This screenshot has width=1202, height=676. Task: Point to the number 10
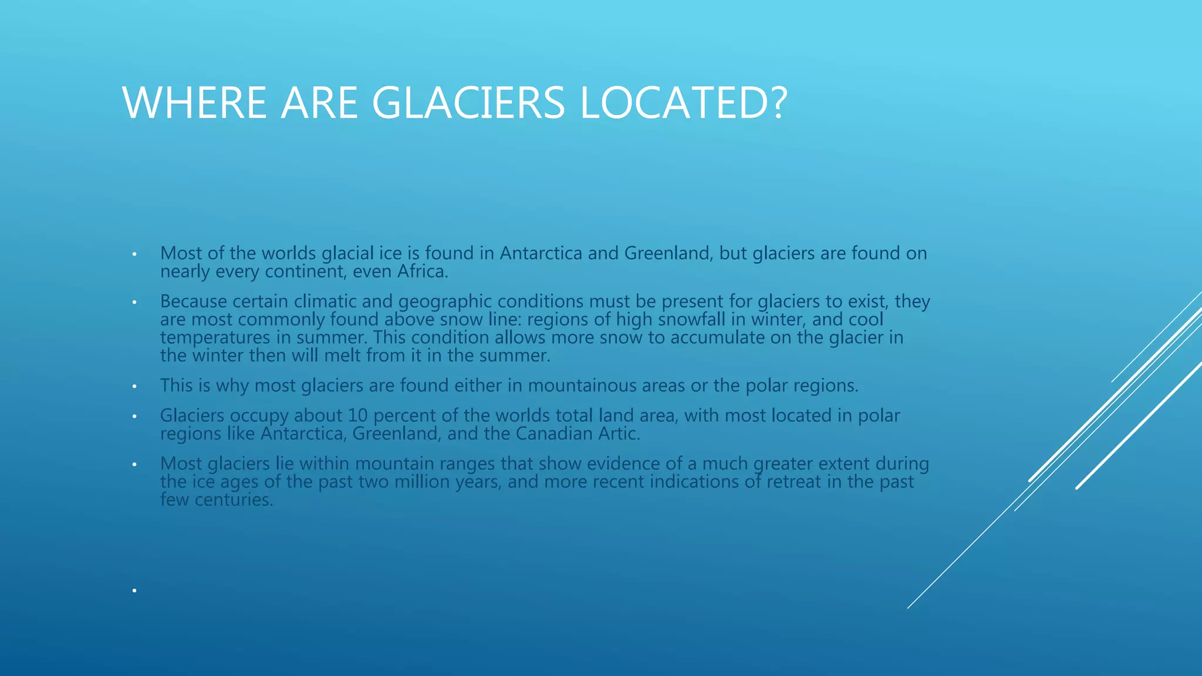pyautogui.click(x=357, y=415)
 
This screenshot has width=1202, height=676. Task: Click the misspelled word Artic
pyautogui.click(x=619, y=434)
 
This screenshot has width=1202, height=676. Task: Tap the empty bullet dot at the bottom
pyautogui.click(x=134, y=590)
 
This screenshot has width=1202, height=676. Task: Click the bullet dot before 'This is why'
pyautogui.click(x=134, y=387)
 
